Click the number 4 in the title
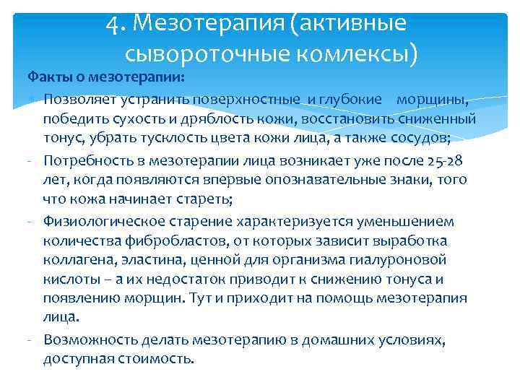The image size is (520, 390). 112,24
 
